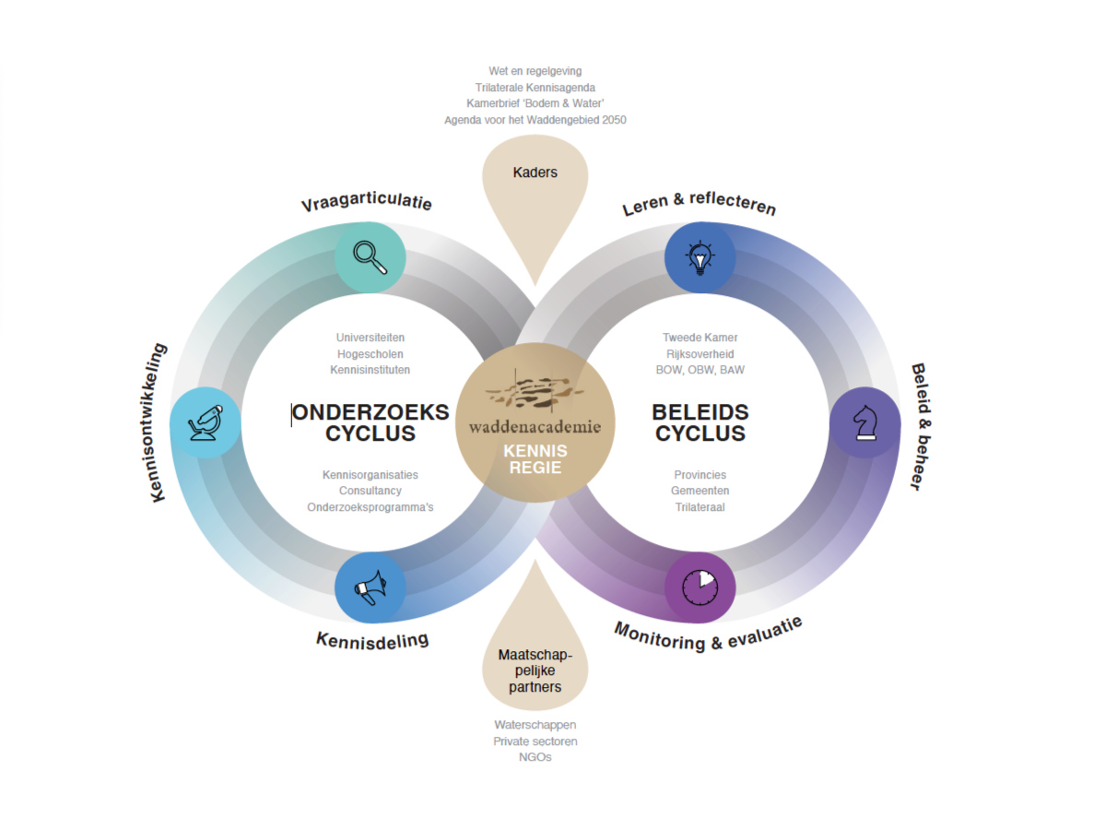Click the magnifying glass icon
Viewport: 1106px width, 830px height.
pyautogui.click(x=370, y=258)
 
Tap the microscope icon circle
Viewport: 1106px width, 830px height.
pyautogui.click(x=206, y=422)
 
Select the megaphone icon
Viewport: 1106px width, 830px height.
pyautogui.click(x=370, y=587)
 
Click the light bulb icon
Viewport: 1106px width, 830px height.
pyautogui.click(x=700, y=258)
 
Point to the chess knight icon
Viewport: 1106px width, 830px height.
pyautogui.click(x=865, y=422)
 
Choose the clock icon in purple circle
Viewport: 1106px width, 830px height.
pyautogui.click(x=700, y=587)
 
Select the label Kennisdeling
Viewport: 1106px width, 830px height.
pyautogui.click(x=372, y=639)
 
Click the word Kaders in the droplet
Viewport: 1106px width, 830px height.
pyautogui.click(x=535, y=172)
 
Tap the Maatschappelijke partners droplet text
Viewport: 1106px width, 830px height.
pyautogui.click(x=535, y=670)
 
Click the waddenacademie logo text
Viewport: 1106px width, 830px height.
pyautogui.click(x=535, y=427)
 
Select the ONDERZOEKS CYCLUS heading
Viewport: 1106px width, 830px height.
pyautogui.click(x=371, y=423)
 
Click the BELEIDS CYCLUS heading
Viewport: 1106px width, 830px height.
pyautogui.click(x=700, y=423)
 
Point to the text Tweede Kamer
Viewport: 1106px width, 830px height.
pyautogui.click(x=700, y=338)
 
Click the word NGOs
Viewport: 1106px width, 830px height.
pyautogui.click(x=535, y=757)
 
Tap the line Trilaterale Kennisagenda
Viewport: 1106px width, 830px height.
pyautogui.click(x=535, y=87)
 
